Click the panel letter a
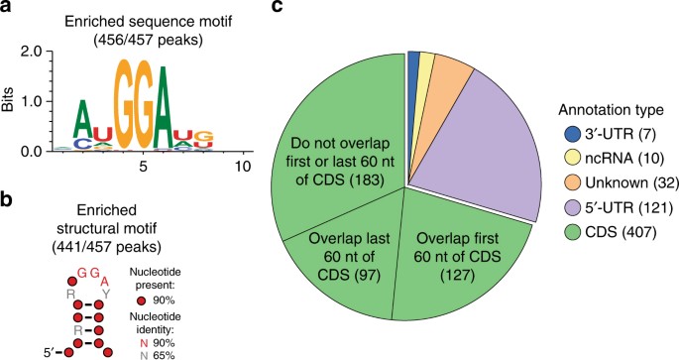pyautogui.click(x=9, y=9)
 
